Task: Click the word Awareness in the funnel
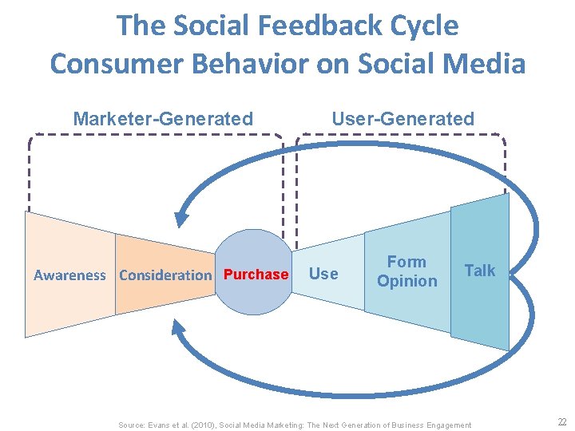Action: point(69,275)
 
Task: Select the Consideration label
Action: point(165,275)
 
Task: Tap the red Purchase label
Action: point(256,275)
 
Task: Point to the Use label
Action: point(323,274)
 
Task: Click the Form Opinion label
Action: point(407,271)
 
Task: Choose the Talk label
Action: point(480,271)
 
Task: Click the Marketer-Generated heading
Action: point(163,120)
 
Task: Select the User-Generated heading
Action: point(402,120)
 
